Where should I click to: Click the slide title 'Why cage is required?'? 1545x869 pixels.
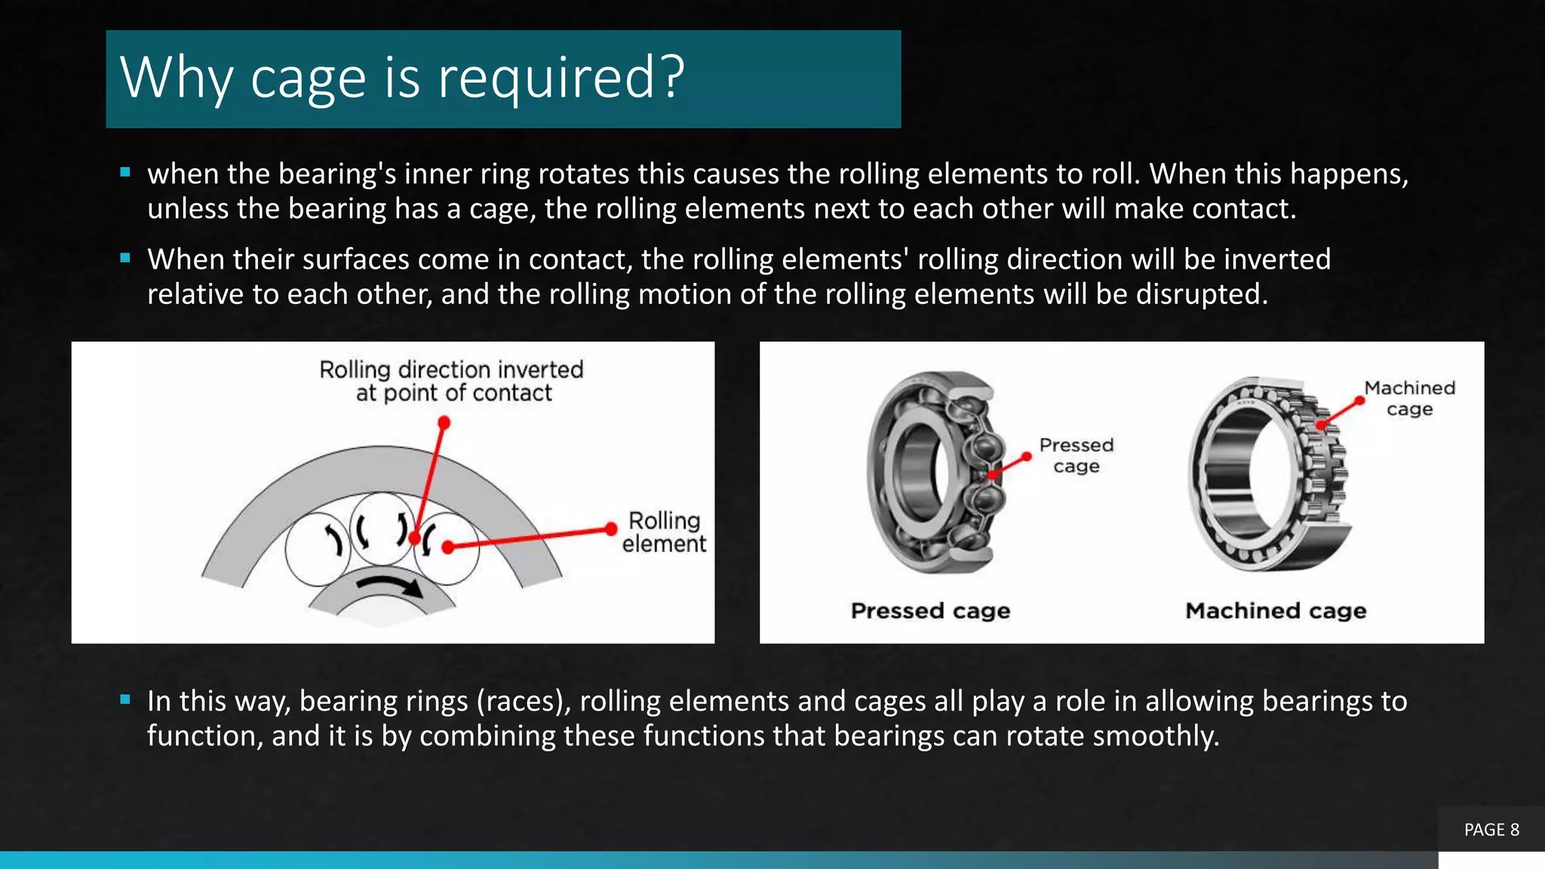[402, 78]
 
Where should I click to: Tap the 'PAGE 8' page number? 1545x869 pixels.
[1491, 830]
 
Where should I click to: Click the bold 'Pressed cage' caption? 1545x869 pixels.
[930, 610]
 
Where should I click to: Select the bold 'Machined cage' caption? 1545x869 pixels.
[1276, 610]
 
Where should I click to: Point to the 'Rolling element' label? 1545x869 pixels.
[664, 532]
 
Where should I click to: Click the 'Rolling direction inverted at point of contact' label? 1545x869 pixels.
[451, 381]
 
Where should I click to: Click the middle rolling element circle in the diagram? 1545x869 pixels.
[382, 528]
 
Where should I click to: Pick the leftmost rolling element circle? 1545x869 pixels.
[317, 548]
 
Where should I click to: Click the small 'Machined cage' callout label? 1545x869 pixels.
[1409, 398]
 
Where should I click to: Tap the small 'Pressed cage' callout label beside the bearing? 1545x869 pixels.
[1076, 456]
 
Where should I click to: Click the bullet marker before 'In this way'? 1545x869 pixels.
[125, 699]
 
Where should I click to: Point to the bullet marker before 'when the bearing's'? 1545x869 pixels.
[125, 172]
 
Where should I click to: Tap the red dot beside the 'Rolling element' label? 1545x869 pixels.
[611, 529]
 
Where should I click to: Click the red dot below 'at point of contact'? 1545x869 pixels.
[444, 423]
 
